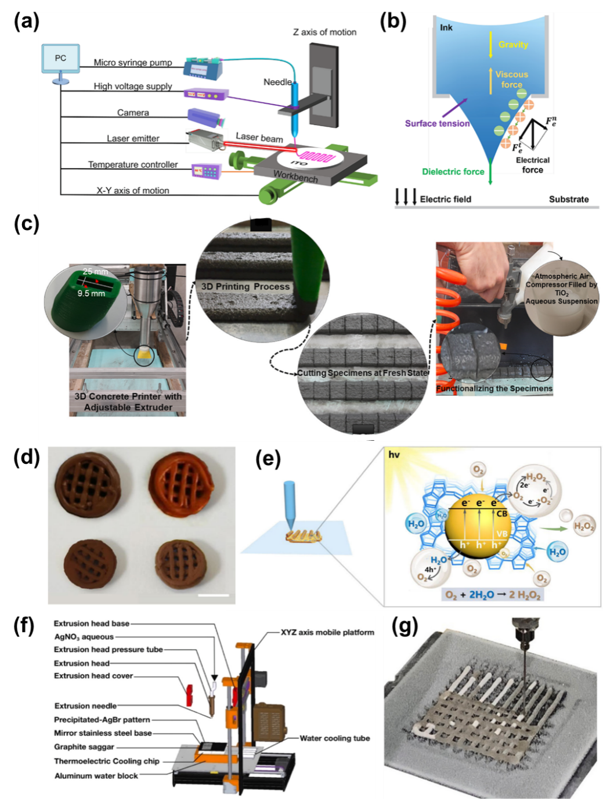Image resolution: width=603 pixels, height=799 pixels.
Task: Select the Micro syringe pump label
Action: coord(133,63)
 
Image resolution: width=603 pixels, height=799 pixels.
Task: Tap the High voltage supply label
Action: coord(133,87)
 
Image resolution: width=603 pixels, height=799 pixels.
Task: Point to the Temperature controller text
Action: coord(133,165)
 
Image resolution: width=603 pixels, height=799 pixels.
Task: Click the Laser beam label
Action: coord(259,138)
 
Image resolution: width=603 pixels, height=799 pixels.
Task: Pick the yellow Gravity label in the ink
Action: coord(513,45)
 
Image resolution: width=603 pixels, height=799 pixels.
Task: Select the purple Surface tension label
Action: coord(437,123)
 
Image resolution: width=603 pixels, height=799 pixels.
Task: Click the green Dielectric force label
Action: coord(453,172)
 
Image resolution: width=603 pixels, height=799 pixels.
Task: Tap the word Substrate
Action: coord(569,199)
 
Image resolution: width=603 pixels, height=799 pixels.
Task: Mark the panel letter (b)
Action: coord(393,21)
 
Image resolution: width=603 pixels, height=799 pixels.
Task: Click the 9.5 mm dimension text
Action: coord(91,293)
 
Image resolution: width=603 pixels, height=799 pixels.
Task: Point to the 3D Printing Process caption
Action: coord(245,286)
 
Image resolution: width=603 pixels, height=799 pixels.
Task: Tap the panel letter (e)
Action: coord(268,459)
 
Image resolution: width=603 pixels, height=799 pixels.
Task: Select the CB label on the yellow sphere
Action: coord(501,513)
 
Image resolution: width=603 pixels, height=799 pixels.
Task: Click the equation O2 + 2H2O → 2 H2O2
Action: coord(493,595)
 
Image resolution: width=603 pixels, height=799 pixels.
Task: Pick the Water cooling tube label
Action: coord(334,739)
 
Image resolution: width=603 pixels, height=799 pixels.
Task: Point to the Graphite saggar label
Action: coord(84,747)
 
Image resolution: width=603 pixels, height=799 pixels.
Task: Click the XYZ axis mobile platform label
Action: coord(327,632)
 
